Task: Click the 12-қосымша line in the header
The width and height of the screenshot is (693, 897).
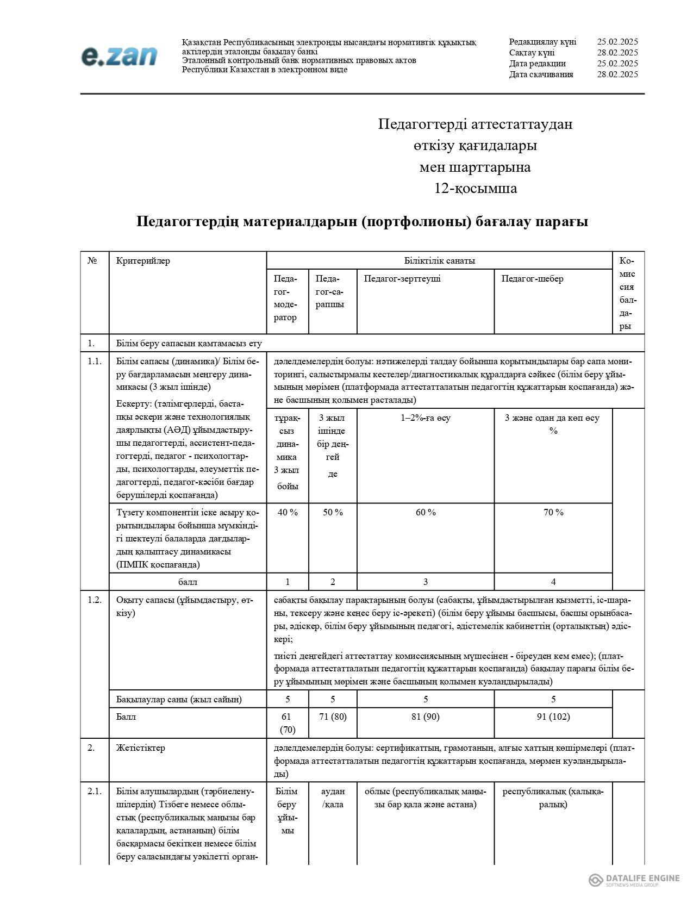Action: (x=475, y=189)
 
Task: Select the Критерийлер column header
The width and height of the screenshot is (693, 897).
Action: (x=143, y=261)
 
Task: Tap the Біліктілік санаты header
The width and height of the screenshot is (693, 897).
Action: (x=439, y=261)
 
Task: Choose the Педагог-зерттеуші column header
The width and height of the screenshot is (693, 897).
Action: (x=402, y=279)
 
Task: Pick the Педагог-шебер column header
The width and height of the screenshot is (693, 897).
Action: (x=532, y=279)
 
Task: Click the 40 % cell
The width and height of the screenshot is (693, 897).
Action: (x=288, y=512)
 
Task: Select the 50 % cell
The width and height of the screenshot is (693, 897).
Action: (x=333, y=512)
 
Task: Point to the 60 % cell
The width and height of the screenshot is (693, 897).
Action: (x=425, y=512)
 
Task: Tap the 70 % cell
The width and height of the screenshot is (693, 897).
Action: (x=553, y=512)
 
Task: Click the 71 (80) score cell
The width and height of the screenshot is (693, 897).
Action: (x=333, y=717)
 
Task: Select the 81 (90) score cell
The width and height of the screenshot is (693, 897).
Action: (x=425, y=717)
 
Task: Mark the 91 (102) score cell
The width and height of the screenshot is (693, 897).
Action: (x=553, y=717)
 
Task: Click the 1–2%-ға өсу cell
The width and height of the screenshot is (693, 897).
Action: (x=425, y=418)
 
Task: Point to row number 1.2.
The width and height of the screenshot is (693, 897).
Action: (x=95, y=600)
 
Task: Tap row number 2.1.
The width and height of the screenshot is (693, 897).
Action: (x=95, y=792)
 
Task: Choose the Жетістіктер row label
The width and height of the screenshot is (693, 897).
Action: (x=140, y=748)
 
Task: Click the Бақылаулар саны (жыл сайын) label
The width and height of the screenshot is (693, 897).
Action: (x=179, y=699)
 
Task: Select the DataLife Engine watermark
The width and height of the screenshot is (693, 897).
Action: (x=635, y=880)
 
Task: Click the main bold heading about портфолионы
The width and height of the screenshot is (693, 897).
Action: (x=362, y=222)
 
